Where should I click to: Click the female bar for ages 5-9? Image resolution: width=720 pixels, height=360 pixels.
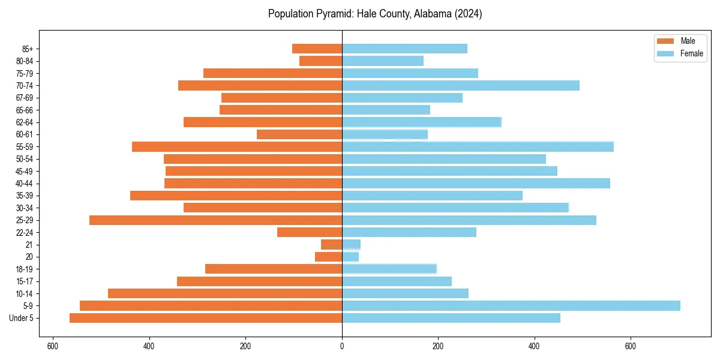pyautogui.click(x=511, y=306)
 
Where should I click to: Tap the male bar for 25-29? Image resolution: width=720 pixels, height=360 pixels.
pyautogui.click(x=215, y=220)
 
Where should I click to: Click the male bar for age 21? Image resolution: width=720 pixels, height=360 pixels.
pyautogui.click(x=331, y=245)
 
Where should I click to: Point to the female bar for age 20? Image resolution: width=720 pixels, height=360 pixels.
pyautogui.click(x=350, y=257)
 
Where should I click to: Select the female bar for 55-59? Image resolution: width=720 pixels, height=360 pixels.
pyautogui.click(x=478, y=147)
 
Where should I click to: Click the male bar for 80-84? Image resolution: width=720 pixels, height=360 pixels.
pyautogui.click(x=320, y=61)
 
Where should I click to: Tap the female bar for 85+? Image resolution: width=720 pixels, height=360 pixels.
pyautogui.click(x=404, y=49)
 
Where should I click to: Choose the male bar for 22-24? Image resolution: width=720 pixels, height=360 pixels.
pyautogui.click(x=310, y=232)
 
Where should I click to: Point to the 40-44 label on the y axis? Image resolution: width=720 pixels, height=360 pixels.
pyautogui.click(x=25, y=184)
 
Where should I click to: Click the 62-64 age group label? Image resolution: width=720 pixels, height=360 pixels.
pyautogui.click(x=25, y=122)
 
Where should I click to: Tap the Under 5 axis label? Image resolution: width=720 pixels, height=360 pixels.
pyautogui.click(x=22, y=318)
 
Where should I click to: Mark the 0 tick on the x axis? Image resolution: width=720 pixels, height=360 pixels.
pyautogui.click(x=342, y=346)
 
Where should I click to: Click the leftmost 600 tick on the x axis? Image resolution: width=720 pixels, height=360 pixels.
pyautogui.click(x=53, y=346)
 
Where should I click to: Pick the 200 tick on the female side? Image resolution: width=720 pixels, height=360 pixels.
pyautogui.click(x=438, y=346)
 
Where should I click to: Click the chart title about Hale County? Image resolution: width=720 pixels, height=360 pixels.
pyautogui.click(x=375, y=14)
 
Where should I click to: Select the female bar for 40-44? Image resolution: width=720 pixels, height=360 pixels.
pyautogui.click(x=476, y=184)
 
